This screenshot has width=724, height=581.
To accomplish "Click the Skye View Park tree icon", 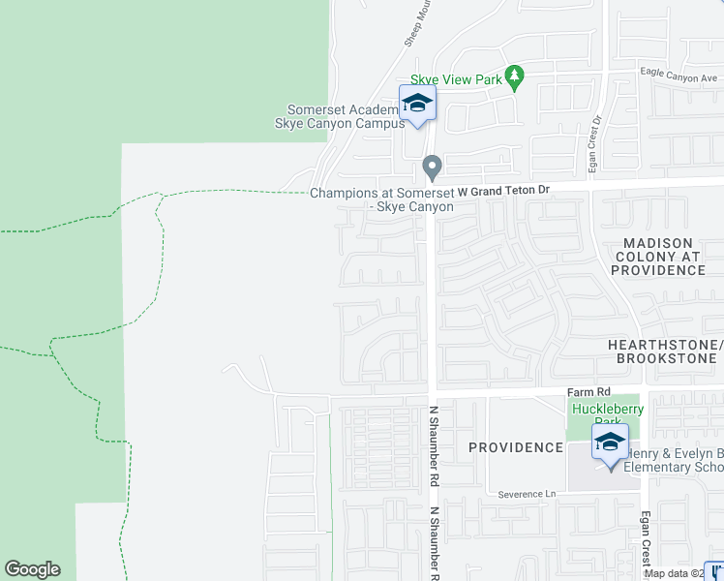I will (516, 77).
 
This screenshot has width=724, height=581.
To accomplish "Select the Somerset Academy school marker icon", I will (417, 104).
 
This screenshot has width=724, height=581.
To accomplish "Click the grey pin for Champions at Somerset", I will (433, 168).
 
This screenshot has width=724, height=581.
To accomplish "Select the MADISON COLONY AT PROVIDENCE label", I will (658, 257).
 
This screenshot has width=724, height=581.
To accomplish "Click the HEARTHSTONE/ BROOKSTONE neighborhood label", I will (665, 352).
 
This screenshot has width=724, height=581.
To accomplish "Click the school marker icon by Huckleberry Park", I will (610, 443).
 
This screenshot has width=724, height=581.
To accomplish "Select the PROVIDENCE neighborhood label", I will (516, 447).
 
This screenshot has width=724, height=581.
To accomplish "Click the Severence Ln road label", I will (528, 494).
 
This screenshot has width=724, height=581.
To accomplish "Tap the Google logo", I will (32, 569).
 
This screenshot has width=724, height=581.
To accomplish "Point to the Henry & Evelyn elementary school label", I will (674, 460).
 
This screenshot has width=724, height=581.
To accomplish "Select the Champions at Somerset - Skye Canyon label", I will (382, 199).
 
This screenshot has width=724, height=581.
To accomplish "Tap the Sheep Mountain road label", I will (414, 27).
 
